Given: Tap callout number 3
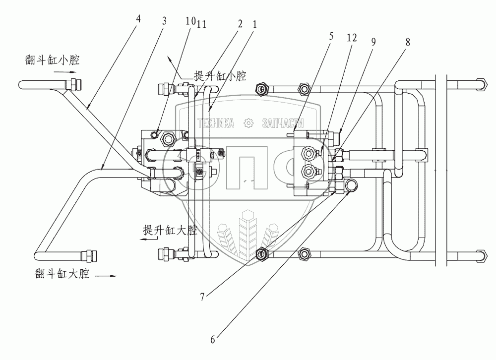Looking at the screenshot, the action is tap(164, 21).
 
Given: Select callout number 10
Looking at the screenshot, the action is tap(190, 21).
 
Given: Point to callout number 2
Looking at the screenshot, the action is tap(240, 23).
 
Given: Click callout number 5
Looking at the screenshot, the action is tap(331, 36).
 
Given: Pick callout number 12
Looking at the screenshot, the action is tap(352, 38).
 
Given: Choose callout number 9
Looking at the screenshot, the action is tap(373, 42).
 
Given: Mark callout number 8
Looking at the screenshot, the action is tap(408, 42).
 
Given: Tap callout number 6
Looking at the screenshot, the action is tap(213, 340).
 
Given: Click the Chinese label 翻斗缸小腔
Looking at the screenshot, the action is tap(52, 60).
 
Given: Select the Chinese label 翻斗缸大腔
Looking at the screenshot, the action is tap(62, 273).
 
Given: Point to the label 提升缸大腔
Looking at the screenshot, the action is tap(170, 230).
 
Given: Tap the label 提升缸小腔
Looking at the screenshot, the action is tap(220, 76).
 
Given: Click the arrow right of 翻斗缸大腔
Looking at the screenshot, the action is tap(106, 276).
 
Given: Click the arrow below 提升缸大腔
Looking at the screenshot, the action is tap(149, 240).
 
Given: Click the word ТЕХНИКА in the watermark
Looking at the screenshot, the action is tap(216, 123).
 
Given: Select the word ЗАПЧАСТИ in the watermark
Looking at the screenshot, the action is tap(283, 123).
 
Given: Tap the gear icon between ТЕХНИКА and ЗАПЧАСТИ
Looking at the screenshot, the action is tap(249, 123).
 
